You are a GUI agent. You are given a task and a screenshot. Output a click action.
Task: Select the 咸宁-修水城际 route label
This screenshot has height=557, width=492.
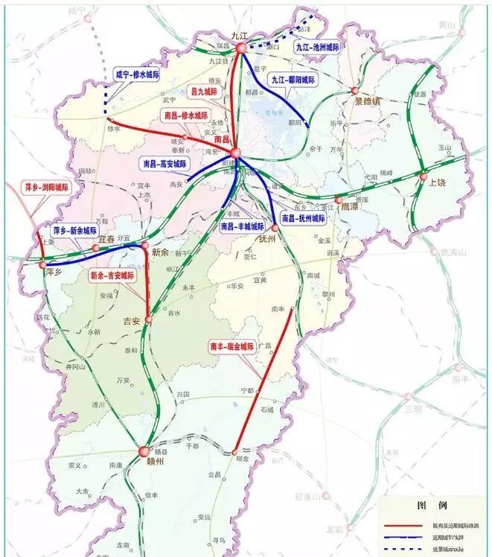(137, 75)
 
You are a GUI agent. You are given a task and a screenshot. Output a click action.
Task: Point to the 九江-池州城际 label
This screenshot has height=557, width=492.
(317, 46)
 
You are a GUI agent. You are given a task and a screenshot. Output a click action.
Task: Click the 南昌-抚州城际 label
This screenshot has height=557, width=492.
(303, 219)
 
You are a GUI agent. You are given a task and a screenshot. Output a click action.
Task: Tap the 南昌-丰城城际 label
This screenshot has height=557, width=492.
(242, 226)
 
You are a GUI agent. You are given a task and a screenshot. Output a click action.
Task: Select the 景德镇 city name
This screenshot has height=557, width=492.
(368, 101)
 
